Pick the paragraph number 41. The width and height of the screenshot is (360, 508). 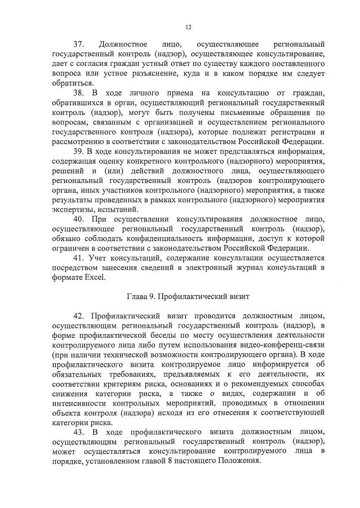point(79,258)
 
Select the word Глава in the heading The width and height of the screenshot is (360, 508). point(137,296)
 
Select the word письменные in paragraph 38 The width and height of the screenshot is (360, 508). point(239,113)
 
